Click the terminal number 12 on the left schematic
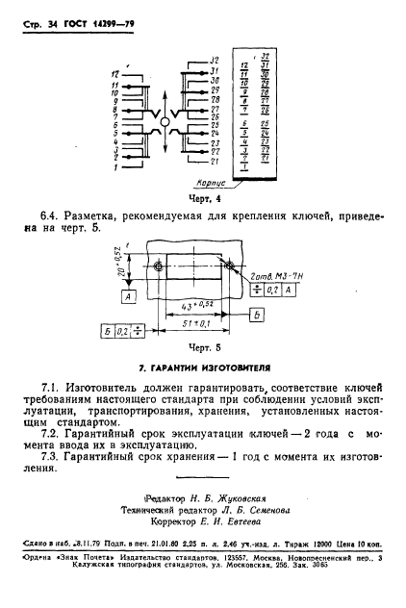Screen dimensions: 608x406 coord(114,72)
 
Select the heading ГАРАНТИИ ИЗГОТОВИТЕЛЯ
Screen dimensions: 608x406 coord(202,367)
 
